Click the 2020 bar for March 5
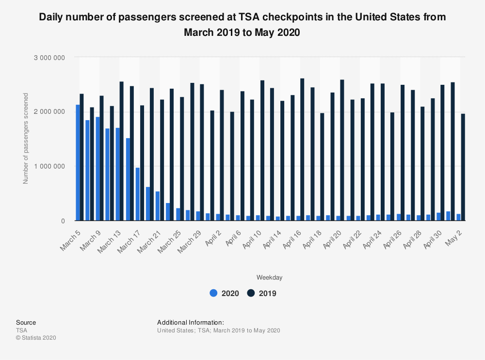pos(78,163)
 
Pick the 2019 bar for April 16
pos(302,150)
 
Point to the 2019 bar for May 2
pos(463,168)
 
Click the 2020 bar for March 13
pos(118,174)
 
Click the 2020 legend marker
pos(213,293)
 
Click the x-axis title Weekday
pos(270,278)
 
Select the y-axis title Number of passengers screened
pos(26,139)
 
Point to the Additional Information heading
pos(191,322)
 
